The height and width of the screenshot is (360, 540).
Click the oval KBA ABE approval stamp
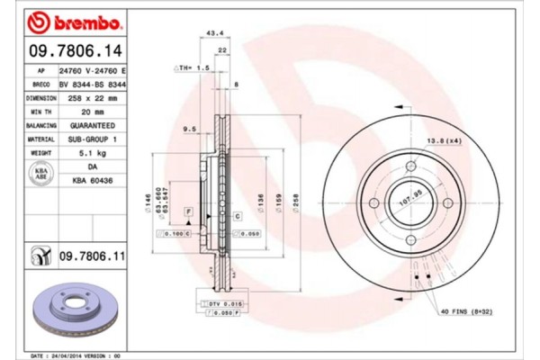click(x=40, y=174)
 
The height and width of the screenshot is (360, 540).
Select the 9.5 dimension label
click(x=188, y=129)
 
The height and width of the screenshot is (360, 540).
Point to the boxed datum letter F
click(x=189, y=210)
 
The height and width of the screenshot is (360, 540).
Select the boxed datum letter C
click(x=238, y=216)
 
